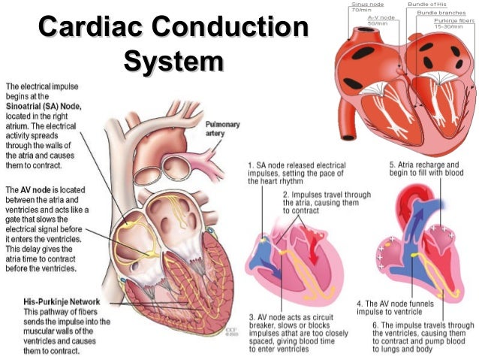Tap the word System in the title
[173, 61]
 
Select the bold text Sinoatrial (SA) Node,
[44, 107]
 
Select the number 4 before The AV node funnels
[358, 304]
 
